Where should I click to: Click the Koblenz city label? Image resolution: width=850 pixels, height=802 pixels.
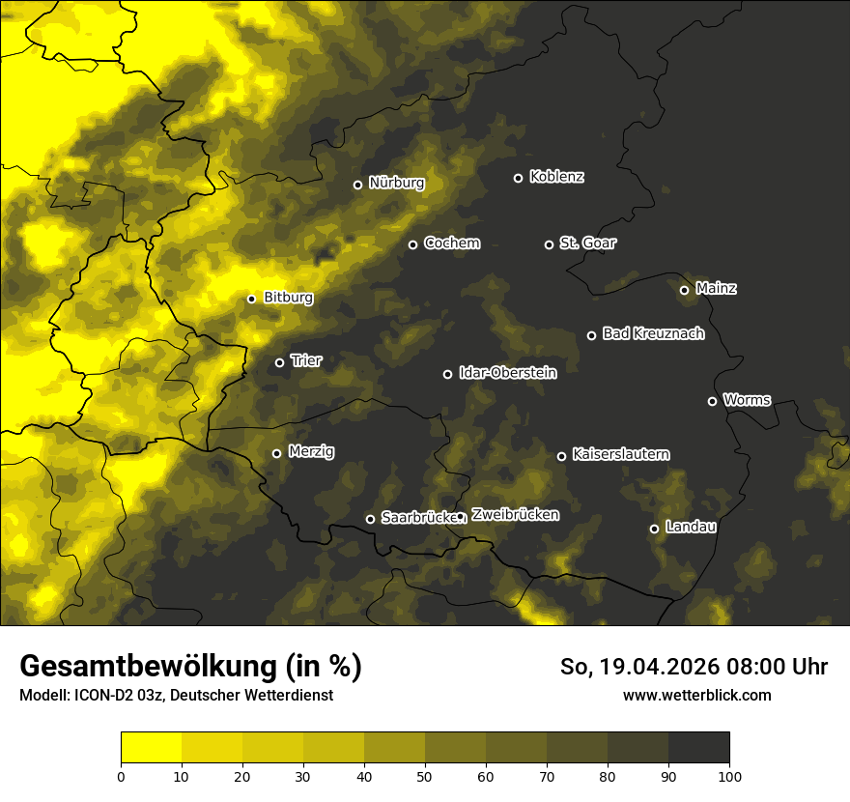pyautogui.click(x=556, y=177)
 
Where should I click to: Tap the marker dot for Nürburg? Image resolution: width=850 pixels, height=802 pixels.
pyautogui.click(x=357, y=185)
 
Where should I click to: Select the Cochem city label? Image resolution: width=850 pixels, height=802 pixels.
pyautogui.click(x=451, y=243)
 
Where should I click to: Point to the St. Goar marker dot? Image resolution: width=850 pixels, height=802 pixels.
pyautogui.click(x=549, y=244)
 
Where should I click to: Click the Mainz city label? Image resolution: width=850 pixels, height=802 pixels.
pyautogui.click(x=716, y=288)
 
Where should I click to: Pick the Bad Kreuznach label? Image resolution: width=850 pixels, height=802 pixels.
pyautogui.click(x=653, y=333)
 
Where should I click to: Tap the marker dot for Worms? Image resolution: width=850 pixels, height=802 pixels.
pyautogui.click(x=712, y=401)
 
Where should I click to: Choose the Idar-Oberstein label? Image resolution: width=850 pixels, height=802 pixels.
pyautogui.click(x=507, y=372)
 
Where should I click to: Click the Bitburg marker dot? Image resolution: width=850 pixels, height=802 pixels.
pyautogui.click(x=251, y=299)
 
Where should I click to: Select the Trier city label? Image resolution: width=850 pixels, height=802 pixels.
pyautogui.click(x=306, y=360)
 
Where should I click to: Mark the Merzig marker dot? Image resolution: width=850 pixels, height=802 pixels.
pyautogui.click(x=276, y=453)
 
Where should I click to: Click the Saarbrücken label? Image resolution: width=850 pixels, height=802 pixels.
pyautogui.click(x=417, y=517)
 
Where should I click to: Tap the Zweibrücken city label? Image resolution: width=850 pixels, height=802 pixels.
pyautogui.click(x=515, y=515)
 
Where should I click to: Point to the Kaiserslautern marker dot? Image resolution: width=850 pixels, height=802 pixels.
pyautogui.click(x=561, y=456)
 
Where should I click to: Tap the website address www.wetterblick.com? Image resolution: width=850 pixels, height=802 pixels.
pyautogui.click(x=696, y=695)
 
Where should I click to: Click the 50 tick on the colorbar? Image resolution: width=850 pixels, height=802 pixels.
pyautogui.click(x=425, y=775)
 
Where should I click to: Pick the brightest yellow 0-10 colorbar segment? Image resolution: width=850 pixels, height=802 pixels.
pyautogui.click(x=151, y=747)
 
